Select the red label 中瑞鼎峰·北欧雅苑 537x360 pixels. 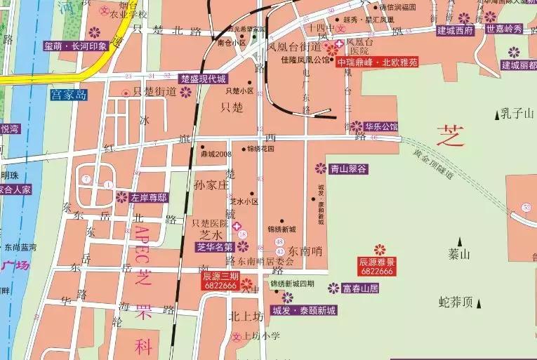pos(377,62)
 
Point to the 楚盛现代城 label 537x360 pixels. pos(203,78)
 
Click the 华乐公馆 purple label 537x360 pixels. pos(381,127)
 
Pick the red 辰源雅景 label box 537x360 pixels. pos(378,265)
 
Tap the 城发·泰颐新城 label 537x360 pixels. pos(304,310)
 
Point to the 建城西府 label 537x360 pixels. pos(455,30)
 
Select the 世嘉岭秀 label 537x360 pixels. pos(504,29)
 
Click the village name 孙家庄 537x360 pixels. pos(211,185)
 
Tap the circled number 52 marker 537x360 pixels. pos(526,207)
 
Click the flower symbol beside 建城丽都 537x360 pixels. pos(514,51)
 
